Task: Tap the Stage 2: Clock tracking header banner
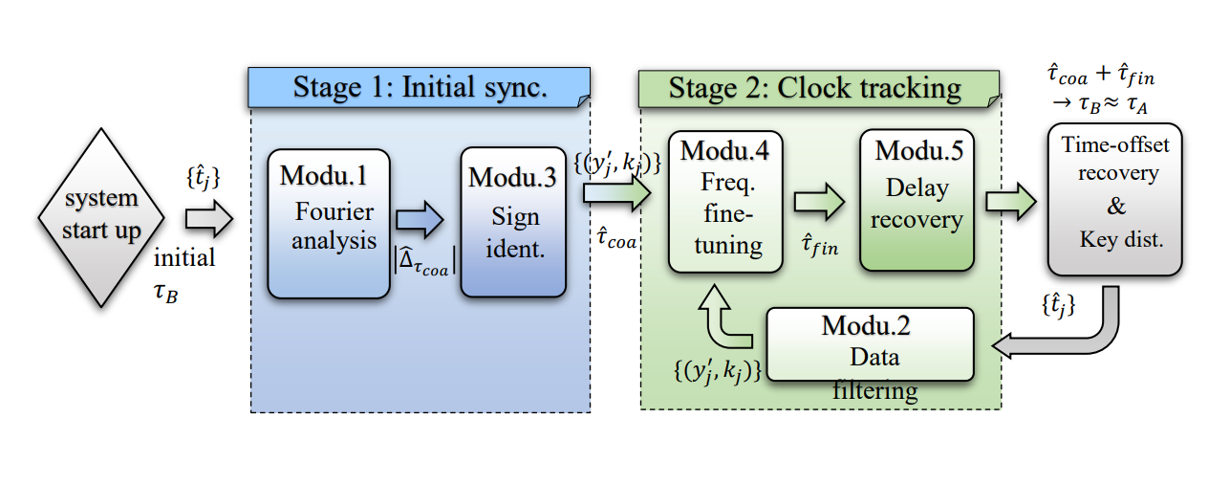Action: click(818, 87)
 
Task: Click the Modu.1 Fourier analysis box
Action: click(329, 222)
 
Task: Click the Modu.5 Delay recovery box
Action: click(917, 202)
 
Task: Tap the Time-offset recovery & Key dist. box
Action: click(1113, 198)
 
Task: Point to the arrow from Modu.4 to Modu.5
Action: click(819, 202)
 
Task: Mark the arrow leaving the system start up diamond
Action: click(207, 219)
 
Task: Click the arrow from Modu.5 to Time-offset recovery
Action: click(1011, 202)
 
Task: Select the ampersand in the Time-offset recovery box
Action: click(1116, 207)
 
